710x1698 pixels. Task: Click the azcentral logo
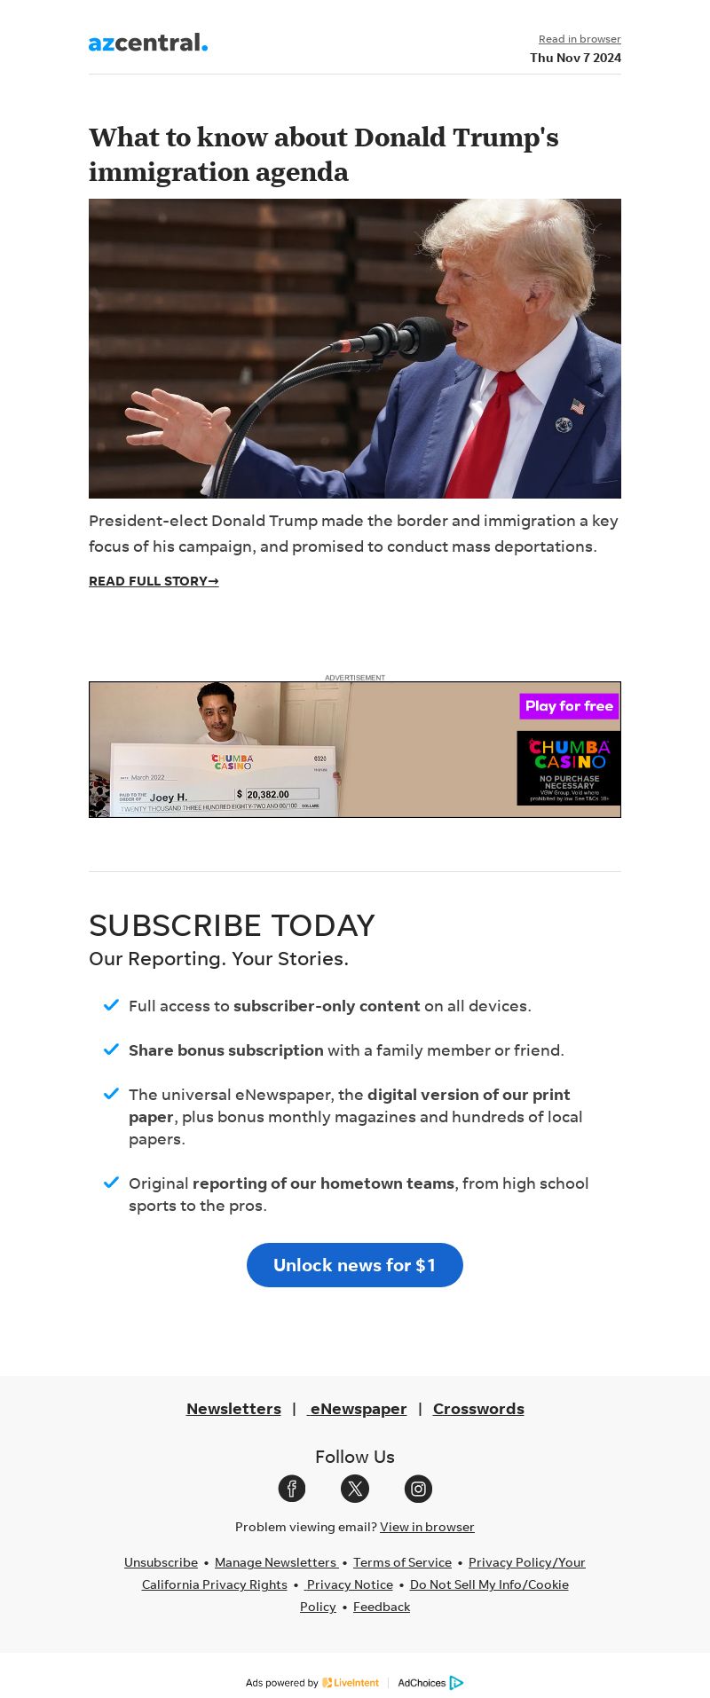[148, 43]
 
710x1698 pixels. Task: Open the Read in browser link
[580, 39]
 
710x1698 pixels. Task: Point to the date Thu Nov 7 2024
[575, 58]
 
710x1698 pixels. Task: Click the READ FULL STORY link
[154, 581]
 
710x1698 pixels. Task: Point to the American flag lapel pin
[578, 406]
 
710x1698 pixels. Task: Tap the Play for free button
[569, 706]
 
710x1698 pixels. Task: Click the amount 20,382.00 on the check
[267, 794]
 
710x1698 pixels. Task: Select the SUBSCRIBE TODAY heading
[232, 925]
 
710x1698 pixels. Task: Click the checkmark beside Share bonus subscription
[111, 1049]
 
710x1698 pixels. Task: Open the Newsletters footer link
[233, 1409]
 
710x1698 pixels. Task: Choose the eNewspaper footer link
[357, 1409]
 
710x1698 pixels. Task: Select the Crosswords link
[478, 1409]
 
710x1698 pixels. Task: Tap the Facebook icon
[292, 1489]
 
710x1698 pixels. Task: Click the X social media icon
[355, 1489]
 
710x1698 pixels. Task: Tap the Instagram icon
[418, 1489]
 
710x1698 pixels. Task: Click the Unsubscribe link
[161, 1562]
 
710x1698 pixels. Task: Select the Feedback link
[382, 1607]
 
